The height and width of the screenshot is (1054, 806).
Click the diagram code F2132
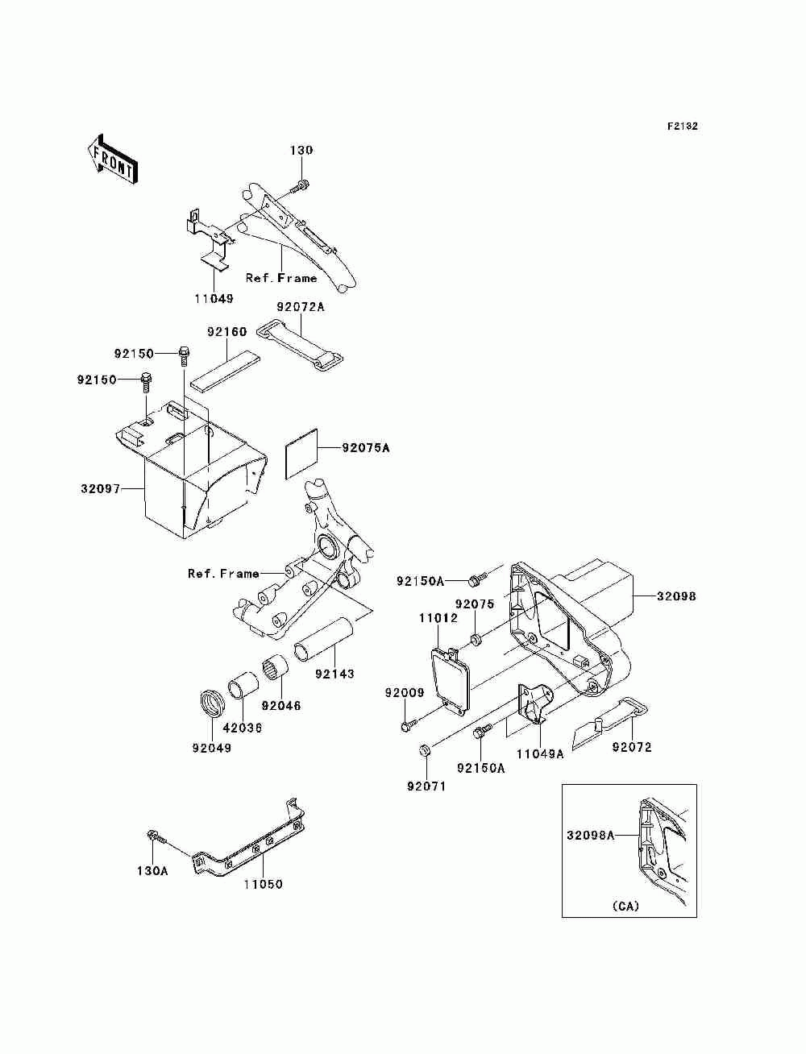(681, 127)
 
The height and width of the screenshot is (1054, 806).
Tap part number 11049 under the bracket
(214, 298)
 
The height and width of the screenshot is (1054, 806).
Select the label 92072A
(300, 307)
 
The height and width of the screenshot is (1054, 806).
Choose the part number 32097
(100, 488)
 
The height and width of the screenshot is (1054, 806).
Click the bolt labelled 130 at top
(299, 187)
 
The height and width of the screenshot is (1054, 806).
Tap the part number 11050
(264, 884)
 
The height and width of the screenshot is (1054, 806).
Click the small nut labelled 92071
(426, 752)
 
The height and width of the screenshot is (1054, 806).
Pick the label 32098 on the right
(676, 596)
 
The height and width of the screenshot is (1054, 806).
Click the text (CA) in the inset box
(625, 906)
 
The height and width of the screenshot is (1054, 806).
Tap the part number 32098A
(590, 835)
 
